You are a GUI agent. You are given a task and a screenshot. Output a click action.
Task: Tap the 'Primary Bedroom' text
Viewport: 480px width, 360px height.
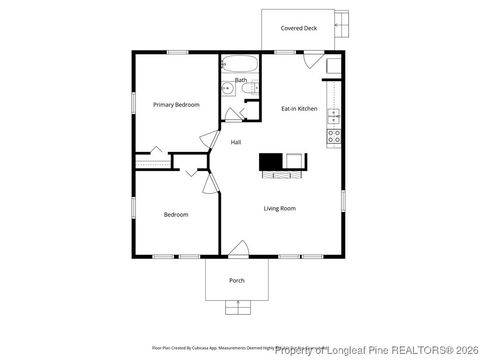[176, 104]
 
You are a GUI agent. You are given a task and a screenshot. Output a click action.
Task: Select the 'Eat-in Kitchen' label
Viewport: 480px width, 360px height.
[299, 108]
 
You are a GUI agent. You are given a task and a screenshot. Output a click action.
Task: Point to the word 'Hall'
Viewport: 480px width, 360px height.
[236, 142]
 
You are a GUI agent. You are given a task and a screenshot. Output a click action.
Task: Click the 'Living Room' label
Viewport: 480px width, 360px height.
[279, 208]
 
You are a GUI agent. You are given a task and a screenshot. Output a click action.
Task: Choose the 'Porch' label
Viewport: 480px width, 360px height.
[237, 280]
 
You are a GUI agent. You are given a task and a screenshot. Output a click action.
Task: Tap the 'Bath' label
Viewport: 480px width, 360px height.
[241, 79]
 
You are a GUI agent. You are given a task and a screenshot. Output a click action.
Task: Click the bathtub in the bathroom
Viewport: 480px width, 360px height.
[241, 65]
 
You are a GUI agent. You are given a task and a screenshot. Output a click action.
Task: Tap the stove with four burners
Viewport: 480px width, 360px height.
[334, 136]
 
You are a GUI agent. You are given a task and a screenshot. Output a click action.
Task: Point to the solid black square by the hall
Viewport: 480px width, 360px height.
[270, 161]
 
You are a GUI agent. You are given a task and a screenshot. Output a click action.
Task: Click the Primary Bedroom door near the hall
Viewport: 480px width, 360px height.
[209, 141]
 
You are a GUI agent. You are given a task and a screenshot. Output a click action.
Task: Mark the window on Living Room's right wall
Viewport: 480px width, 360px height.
[345, 199]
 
